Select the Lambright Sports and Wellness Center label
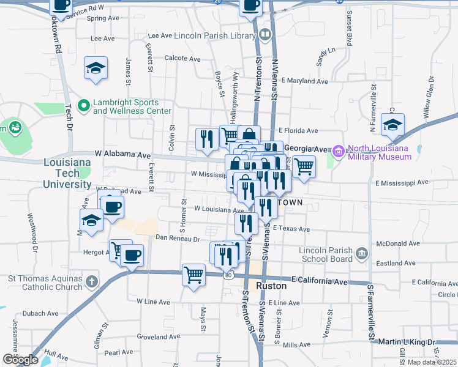tap(132, 107)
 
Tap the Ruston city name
tap(271, 286)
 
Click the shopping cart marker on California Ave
tap(194, 275)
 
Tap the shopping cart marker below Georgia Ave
tap(304, 166)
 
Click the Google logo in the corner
tap(20, 359)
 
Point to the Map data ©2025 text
tap(431, 362)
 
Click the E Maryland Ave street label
tap(304, 81)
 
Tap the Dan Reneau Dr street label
tap(178, 238)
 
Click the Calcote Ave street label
tap(182, 59)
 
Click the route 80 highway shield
tap(228, 275)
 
